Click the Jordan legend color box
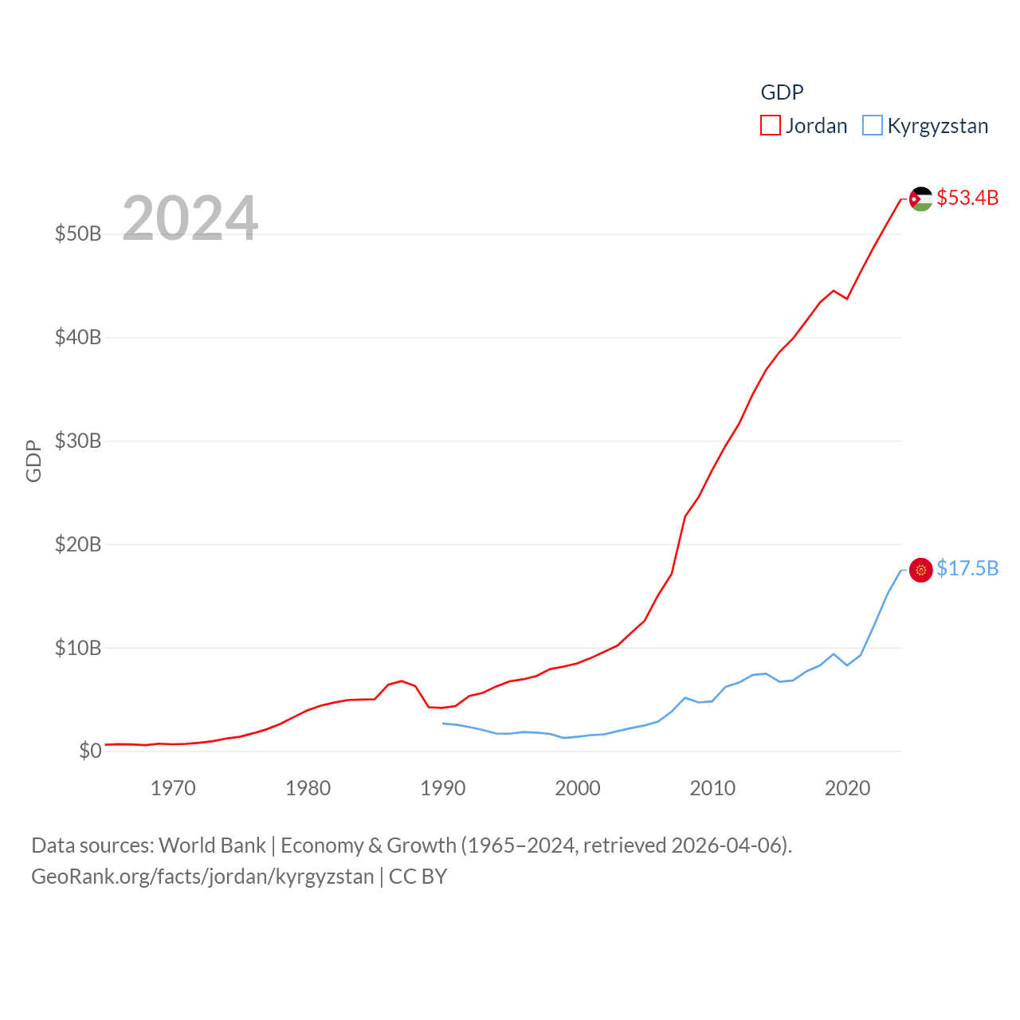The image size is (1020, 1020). pos(770,126)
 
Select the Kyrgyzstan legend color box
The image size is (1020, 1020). pos(873,126)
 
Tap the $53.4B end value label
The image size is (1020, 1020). pos(967,198)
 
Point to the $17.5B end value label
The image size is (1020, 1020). pos(967,568)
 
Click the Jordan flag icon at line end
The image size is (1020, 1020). pos(921,199)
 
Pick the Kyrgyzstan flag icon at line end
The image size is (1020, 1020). pos(921,570)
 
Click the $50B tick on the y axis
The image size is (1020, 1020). pos(78,233)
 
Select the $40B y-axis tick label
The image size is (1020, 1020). pos(78,337)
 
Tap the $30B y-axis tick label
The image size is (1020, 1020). pos(78,441)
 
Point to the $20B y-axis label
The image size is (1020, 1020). pos(78,544)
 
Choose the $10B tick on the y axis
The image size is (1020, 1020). pos(78,648)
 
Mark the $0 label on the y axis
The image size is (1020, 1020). pos(90,751)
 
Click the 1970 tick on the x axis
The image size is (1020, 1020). pos(173,789)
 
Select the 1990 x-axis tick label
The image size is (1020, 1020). pos(443,789)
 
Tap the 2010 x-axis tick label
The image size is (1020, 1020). pos(712,789)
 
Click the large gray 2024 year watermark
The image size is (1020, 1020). pos(190,218)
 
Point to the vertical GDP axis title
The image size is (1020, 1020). pos(33,461)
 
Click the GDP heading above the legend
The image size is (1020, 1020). pos(782,92)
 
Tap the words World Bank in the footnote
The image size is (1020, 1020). pos(212,845)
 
